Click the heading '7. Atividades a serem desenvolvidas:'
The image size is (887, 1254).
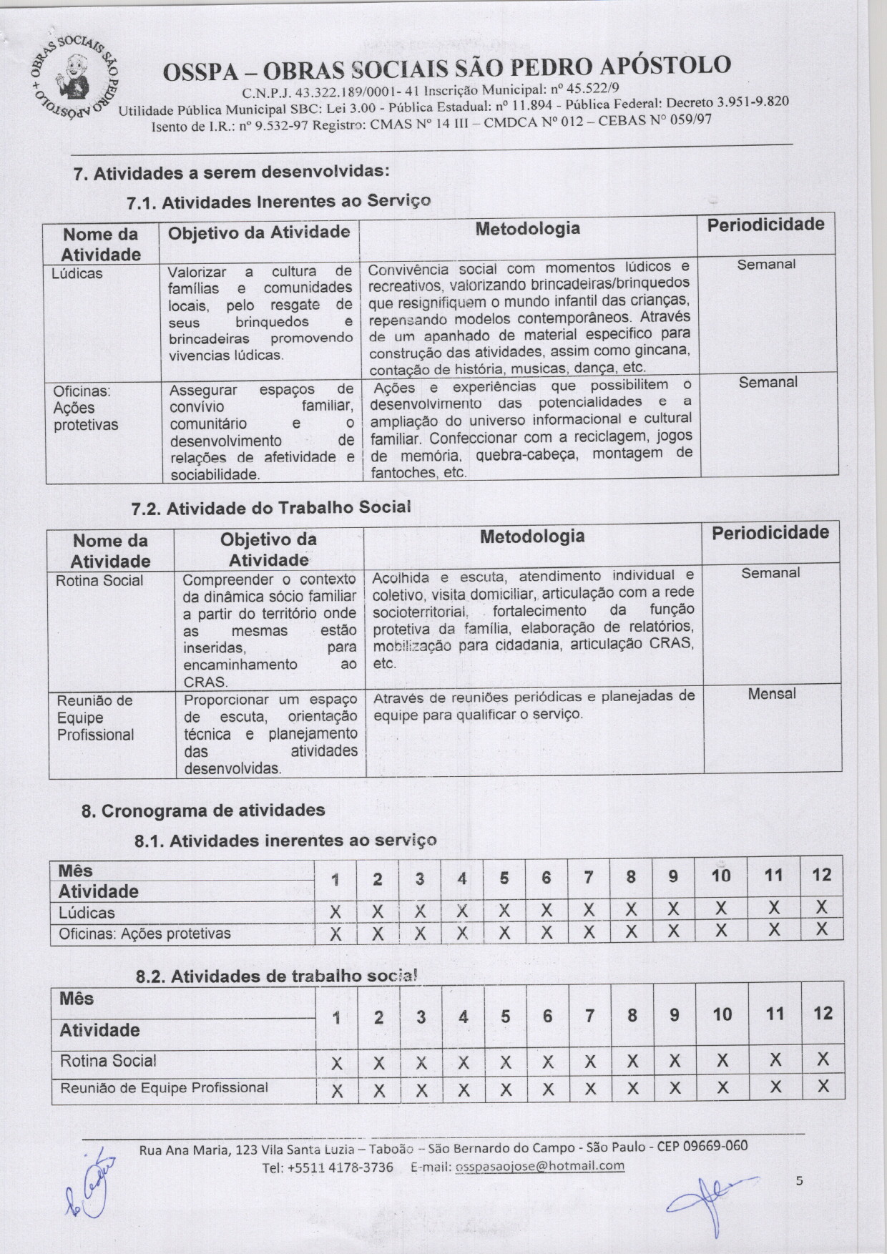tap(232, 172)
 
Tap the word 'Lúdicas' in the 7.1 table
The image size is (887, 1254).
tap(77, 273)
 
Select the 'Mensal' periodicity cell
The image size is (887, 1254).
tap(772, 693)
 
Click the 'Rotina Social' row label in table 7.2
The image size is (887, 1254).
tap(99, 581)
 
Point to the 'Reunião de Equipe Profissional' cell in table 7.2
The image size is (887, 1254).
tap(95, 717)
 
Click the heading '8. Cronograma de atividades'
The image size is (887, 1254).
tap(203, 810)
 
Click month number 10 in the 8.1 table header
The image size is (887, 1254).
tap(721, 876)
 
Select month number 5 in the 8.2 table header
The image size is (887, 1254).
tap(506, 1016)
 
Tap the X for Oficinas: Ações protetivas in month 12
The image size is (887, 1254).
tap(821, 929)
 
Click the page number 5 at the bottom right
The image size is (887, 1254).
tap(800, 1180)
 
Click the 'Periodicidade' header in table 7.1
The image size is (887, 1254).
tap(765, 225)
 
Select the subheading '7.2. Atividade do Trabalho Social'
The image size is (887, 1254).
tap(271, 507)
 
